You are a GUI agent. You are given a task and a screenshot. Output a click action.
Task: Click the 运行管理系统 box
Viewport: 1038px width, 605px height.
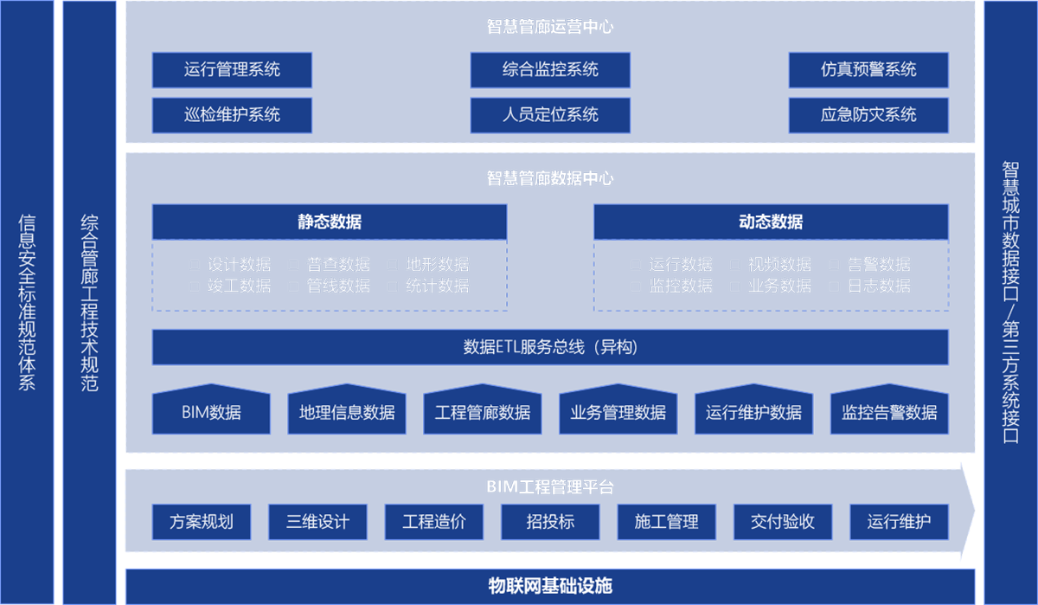[x=232, y=70]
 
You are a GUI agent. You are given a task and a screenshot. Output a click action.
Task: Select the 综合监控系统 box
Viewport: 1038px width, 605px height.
[x=550, y=70]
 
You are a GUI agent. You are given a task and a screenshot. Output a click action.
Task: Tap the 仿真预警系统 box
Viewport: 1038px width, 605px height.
[x=868, y=70]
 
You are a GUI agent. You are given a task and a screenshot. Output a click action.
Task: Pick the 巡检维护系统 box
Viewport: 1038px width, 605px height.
[x=232, y=115]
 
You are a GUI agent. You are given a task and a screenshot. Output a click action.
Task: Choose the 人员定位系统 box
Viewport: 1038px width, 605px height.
[x=550, y=115]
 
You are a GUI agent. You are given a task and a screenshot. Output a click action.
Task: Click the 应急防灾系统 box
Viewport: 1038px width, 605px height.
[x=868, y=115]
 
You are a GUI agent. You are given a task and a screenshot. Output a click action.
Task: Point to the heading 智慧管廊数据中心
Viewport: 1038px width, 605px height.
[x=550, y=178]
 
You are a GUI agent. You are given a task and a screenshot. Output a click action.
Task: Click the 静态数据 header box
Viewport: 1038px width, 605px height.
[x=330, y=222]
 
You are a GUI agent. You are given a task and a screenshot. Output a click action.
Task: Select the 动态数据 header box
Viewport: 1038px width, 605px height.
[x=771, y=222]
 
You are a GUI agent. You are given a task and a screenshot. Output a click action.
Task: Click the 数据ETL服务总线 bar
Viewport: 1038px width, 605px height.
[x=550, y=347]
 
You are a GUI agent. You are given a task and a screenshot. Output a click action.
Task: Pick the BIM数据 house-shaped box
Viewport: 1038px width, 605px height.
[x=212, y=412]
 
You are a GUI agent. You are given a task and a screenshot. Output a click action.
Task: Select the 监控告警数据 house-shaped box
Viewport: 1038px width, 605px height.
[x=889, y=412]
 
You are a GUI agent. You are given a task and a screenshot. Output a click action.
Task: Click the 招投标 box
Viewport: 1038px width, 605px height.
[x=550, y=522]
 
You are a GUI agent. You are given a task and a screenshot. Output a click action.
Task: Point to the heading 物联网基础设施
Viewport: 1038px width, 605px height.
[x=550, y=586]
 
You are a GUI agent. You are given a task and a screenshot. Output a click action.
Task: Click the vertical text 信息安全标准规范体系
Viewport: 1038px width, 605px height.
[x=27, y=303]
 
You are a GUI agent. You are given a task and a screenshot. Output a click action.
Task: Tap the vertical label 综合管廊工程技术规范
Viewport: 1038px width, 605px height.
[x=89, y=303]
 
